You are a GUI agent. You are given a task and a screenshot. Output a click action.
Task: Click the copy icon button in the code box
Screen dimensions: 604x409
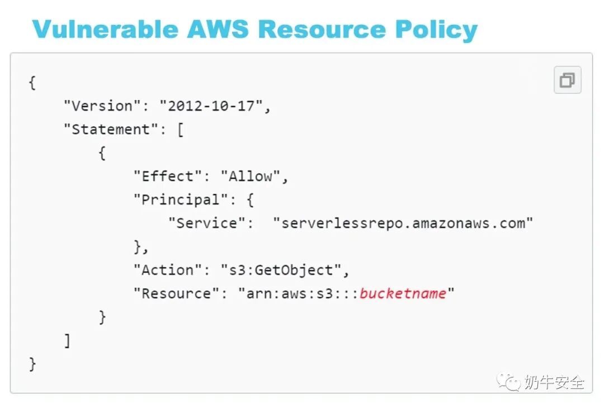(x=567, y=80)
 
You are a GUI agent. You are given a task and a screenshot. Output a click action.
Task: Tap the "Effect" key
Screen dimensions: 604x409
(x=168, y=176)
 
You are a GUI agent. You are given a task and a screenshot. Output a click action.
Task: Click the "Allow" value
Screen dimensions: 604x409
(x=251, y=176)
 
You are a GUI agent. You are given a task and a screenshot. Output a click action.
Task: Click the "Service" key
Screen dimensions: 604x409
(x=206, y=223)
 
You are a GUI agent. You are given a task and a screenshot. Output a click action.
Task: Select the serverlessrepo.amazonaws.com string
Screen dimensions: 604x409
(x=403, y=223)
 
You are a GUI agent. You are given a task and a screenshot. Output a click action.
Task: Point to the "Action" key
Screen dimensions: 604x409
(x=168, y=270)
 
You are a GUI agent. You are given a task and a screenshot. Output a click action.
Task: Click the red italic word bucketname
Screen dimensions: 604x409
(x=403, y=293)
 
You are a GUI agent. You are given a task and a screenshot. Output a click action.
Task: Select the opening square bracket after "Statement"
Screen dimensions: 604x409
(x=180, y=130)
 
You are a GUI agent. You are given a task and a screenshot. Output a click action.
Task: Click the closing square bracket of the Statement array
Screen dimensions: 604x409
(x=68, y=340)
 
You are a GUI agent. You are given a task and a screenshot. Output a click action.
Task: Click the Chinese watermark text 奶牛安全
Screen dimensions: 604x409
(x=554, y=382)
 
